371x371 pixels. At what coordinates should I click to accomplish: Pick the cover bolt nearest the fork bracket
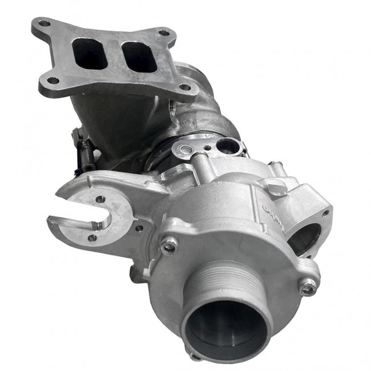169,245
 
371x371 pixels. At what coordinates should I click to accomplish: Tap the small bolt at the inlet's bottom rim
196,356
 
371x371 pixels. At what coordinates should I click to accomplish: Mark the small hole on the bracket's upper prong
101,199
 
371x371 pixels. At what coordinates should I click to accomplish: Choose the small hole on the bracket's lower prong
92,237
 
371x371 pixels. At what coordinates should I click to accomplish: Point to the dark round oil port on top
228,147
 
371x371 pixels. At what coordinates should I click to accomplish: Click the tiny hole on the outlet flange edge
325,213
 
